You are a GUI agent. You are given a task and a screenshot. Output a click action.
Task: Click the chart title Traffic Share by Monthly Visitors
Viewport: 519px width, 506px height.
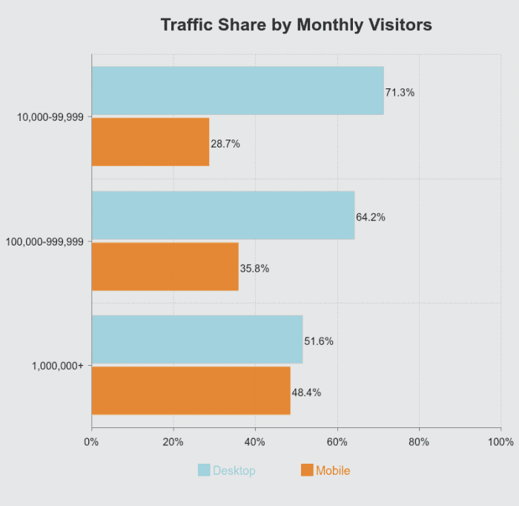point(296,24)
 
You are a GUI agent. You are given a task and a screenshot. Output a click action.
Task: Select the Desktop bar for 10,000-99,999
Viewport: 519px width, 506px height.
point(237,91)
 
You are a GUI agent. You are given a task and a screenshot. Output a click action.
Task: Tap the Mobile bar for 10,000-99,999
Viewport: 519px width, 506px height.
point(151,142)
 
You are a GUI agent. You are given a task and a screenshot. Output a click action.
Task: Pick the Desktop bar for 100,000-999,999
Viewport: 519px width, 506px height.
point(222,215)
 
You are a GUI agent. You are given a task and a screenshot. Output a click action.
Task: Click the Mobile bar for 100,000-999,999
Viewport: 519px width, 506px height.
point(165,266)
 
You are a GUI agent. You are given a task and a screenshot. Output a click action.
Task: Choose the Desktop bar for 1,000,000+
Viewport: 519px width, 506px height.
point(197,339)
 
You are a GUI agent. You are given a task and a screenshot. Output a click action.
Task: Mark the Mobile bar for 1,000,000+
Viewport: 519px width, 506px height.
point(191,390)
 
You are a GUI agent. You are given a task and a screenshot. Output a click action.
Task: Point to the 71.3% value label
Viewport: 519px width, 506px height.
point(400,93)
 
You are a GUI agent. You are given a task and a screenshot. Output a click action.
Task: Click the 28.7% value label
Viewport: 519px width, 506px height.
point(225,144)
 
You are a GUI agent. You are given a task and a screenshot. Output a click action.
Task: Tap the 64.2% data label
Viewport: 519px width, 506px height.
point(371,217)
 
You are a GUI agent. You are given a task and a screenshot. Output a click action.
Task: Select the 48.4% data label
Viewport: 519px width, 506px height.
point(306,392)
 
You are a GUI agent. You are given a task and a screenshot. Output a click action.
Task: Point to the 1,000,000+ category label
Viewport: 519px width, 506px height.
point(58,366)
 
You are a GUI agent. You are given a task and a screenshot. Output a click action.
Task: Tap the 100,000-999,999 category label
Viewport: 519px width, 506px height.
point(44,241)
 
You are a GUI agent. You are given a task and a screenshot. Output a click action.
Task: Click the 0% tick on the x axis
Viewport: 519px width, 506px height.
point(91,442)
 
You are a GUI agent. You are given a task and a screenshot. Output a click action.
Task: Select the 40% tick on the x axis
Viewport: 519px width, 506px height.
point(255,442)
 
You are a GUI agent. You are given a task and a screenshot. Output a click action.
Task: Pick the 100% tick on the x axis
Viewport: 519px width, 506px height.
point(501,442)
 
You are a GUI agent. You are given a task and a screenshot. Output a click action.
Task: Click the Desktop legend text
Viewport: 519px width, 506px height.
point(234,470)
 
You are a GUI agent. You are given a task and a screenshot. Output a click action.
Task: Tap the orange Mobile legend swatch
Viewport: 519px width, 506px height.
point(307,470)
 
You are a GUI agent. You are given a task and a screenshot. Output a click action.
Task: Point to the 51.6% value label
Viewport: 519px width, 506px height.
point(319,341)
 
